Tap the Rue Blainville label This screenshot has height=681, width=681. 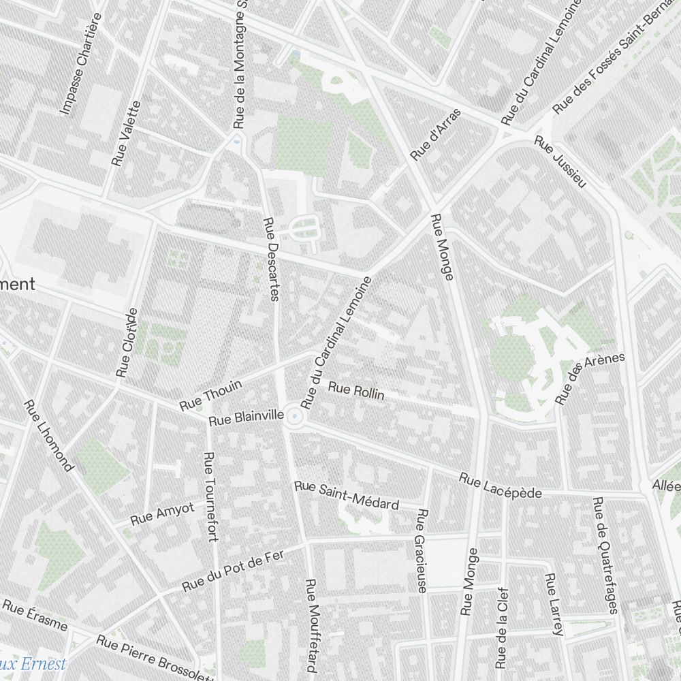246,417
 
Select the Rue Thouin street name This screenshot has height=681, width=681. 210,396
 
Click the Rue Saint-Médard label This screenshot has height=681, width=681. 346,494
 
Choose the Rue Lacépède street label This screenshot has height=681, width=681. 500,486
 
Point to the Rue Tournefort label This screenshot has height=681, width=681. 210,497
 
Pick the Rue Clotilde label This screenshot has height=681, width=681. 127,343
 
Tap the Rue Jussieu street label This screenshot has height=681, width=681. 560,161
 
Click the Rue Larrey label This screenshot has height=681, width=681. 553,604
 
